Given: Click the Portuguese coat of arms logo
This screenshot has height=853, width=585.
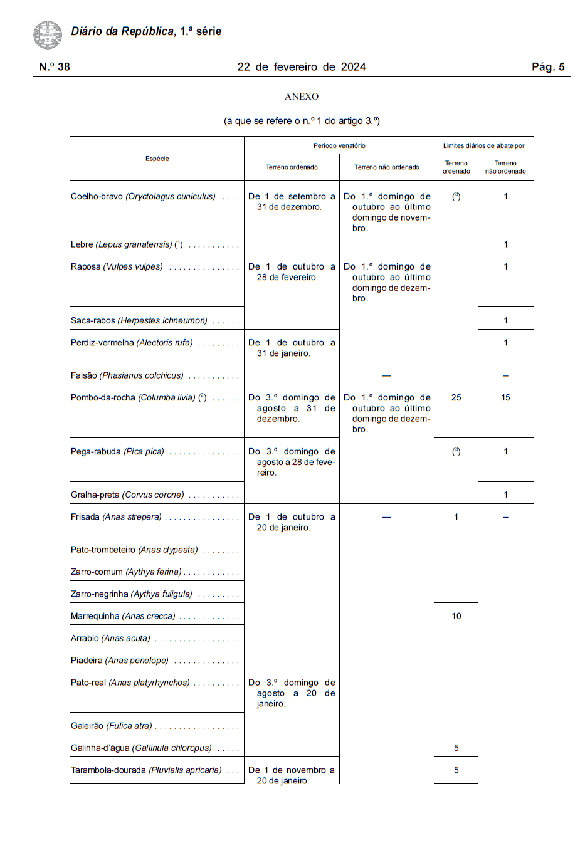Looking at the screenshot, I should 48,34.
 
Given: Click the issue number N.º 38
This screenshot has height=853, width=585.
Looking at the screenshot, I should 55,67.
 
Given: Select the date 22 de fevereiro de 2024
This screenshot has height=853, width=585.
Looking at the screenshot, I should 301,67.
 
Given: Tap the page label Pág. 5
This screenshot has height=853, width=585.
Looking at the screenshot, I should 548,67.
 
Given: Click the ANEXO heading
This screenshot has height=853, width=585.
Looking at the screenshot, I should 302,97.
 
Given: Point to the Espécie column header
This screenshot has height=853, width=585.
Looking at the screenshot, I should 157,159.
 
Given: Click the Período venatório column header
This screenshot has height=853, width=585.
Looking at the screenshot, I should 339,145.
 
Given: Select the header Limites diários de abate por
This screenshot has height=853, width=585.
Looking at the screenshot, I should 483,145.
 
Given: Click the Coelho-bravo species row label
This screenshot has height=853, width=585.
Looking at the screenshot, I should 143,196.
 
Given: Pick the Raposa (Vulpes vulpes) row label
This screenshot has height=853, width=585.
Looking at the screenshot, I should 117,266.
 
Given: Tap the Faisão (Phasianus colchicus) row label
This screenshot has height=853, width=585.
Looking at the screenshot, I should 127,375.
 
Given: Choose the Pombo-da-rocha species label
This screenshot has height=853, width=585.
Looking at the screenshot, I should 139,397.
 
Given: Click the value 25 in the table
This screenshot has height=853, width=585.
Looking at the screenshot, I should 456,397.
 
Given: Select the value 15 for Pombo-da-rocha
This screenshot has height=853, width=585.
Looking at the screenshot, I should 505,397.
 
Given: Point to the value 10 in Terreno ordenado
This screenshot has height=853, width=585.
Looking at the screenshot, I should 456,616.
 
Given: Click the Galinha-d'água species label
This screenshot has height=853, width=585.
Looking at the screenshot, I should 141,748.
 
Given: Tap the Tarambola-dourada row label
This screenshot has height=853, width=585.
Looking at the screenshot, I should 146,770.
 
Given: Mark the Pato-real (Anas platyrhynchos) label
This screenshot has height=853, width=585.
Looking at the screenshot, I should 130,683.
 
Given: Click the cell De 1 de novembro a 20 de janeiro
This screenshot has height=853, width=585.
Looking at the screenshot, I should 291,775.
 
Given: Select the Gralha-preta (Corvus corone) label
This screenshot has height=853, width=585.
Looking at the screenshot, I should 127,495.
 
